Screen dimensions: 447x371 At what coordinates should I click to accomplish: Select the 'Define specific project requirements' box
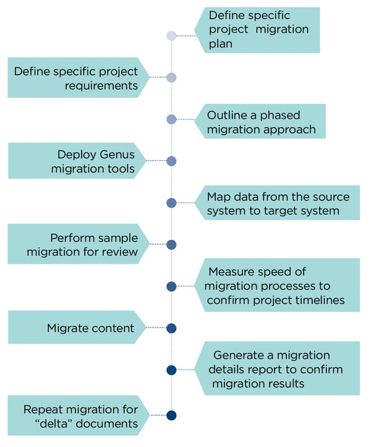(x=76, y=78)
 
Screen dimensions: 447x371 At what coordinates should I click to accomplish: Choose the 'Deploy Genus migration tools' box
(x=76, y=161)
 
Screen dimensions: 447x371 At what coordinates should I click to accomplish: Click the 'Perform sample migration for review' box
(x=76, y=245)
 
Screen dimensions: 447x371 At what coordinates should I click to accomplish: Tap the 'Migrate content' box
(x=76, y=328)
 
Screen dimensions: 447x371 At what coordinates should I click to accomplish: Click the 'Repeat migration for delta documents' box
(x=76, y=416)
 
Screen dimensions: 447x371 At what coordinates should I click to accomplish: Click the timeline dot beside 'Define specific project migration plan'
(x=172, y=36)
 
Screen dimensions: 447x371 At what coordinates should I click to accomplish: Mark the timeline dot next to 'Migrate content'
(x=172, y=328)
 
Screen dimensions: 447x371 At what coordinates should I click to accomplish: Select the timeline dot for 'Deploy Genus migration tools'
(x=172, y=161)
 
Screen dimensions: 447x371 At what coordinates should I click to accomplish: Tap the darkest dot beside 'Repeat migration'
(x=172, y=415)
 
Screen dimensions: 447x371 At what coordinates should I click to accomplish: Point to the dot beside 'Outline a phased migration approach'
(x=172, y=119)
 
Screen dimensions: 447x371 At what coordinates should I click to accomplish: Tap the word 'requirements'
(x=101, y=85)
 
